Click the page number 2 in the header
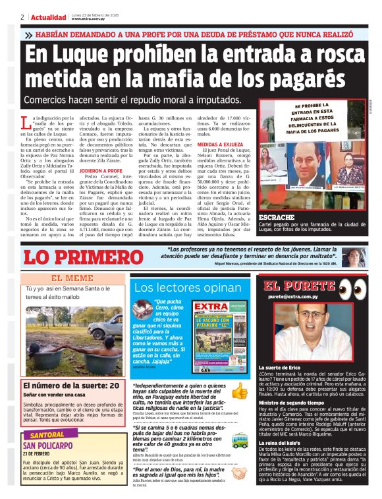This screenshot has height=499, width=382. (x=22, y=17)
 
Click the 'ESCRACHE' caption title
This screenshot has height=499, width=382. (x=276, y=217)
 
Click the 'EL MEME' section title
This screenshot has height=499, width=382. (x=72, y=279)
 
